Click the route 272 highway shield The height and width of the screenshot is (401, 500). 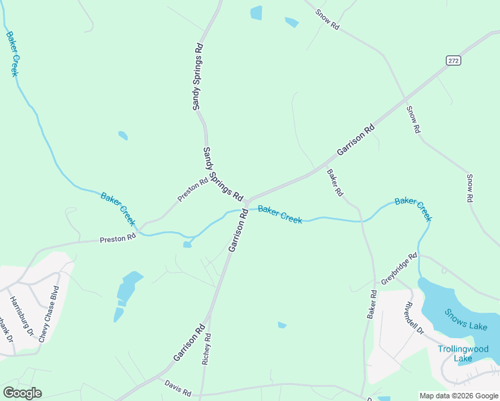[x=453, y=61]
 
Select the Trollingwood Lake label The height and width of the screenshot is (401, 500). [x=463, y=354]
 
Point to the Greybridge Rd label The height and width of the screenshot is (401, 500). [x=399, y=269]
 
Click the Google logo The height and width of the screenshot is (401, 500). [x=22, y=393]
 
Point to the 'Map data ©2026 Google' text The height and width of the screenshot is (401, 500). [x=458, y=396]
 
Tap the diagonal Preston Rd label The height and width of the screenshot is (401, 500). [x=193, y=190]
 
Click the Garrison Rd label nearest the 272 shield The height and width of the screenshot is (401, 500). [x=354, y=140]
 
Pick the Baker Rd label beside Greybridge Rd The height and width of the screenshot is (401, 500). [x=372, y=304]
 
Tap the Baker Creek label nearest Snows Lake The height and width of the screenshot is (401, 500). [x=413, y=209]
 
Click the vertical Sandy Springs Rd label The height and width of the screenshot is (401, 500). [x=197, y=77]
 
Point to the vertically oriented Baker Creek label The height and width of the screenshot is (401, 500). [x=12, y=53]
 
